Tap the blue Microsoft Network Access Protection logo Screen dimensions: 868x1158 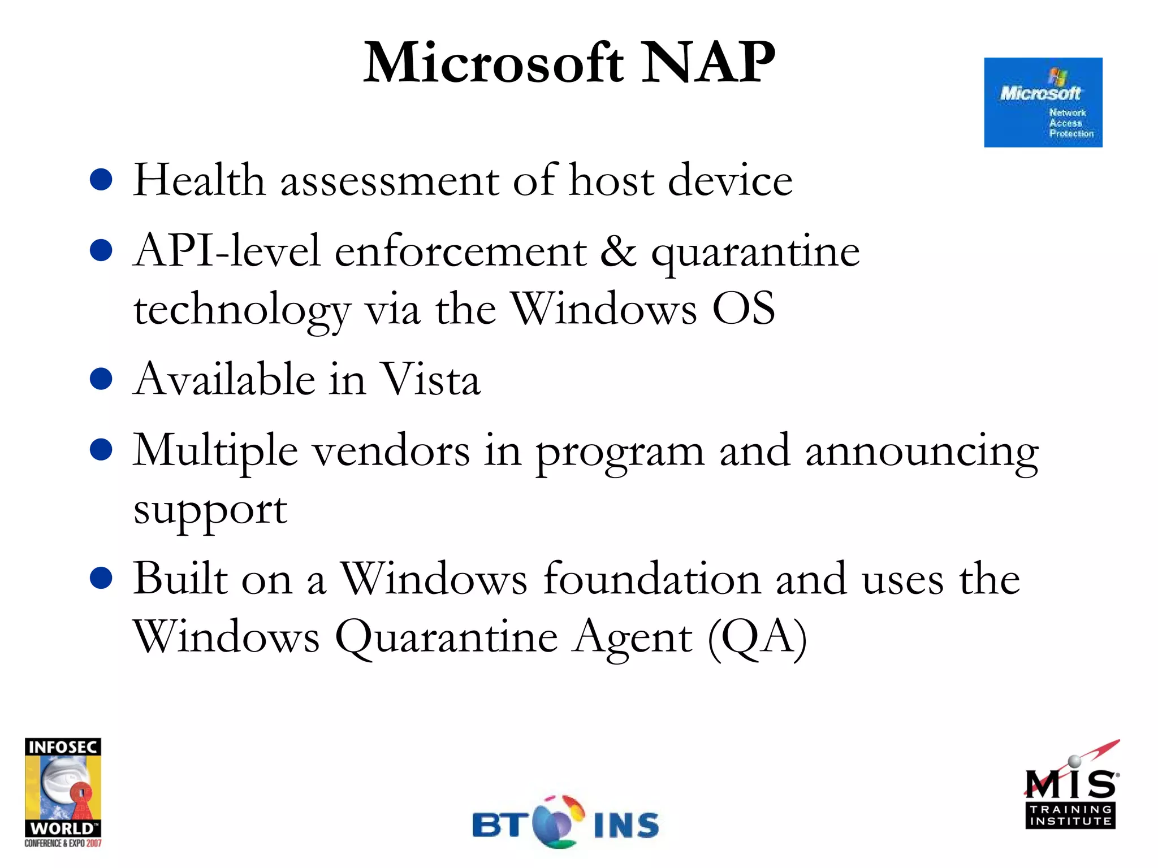pos(1043,102)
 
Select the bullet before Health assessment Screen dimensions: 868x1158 pos(101,180)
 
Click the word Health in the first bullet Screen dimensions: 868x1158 pos(199,180)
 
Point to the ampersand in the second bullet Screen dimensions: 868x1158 pos(618,251)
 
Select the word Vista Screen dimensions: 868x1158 pos(430,379)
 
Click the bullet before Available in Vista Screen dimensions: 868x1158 pos(101,379)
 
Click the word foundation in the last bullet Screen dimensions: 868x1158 pos(652,579)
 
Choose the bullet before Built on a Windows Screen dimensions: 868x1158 pos(101,578)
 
